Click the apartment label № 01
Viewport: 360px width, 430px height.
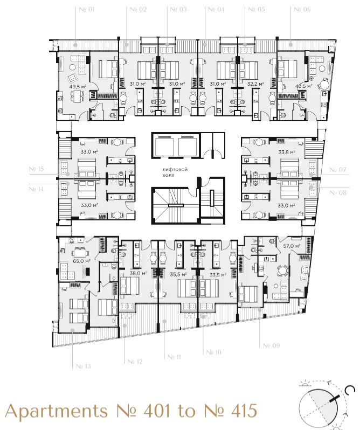click(86, 9)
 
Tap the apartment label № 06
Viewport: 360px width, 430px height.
click(302, 9)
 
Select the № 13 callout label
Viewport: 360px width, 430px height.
click(83, 366)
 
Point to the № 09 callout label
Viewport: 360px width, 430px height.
click(272, 345)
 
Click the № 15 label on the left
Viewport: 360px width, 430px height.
click(36, 169)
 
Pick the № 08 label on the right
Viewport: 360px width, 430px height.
click(338, 193)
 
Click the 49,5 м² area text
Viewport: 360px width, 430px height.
click(78, 87)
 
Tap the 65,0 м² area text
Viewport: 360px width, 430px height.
click(81, 261)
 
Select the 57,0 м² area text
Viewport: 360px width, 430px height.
click(292, 246)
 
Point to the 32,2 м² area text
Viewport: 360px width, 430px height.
click(255, 84)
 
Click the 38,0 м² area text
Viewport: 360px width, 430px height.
click(138, 273)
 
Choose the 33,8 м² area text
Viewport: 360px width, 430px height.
click(287, 152)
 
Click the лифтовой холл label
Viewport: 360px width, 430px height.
click(175, 172)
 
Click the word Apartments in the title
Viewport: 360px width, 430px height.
click(56, 412)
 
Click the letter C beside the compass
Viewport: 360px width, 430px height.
click(349, 391)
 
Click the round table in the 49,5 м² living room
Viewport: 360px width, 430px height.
click(72, 67)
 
